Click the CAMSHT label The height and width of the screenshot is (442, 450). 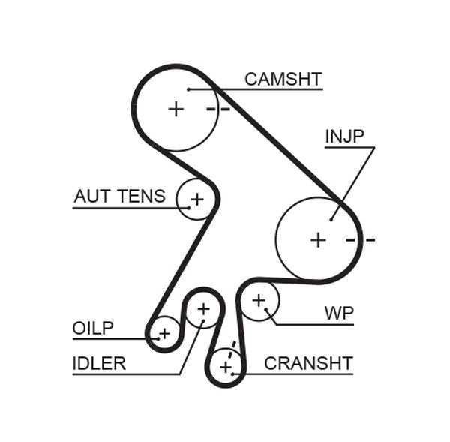click(283, 80)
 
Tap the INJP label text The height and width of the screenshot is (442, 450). click(344, 137)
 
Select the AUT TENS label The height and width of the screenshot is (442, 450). click(119, 197)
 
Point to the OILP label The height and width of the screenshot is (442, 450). click(93, 329)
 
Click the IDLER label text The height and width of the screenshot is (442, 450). click(99, 364)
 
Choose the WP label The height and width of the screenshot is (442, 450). click(339, 313)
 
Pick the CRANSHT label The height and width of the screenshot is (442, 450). click(308, 364)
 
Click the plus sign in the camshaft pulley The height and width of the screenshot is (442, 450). click(175, 109)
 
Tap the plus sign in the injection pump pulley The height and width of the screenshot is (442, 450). click(319, 240)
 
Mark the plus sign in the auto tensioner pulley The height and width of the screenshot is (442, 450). click(196, 200)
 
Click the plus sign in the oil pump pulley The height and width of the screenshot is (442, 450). click(164, 332)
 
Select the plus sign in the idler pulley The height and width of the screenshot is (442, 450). click(203, 308)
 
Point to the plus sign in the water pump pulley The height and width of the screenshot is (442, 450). click(259, 301)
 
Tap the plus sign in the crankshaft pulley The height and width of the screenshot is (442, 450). click(226, 367)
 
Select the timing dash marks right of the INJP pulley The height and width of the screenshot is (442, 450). click(360, 240)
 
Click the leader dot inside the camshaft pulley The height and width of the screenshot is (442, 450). click(190, 89)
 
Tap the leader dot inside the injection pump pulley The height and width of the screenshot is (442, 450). click(331, 220)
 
